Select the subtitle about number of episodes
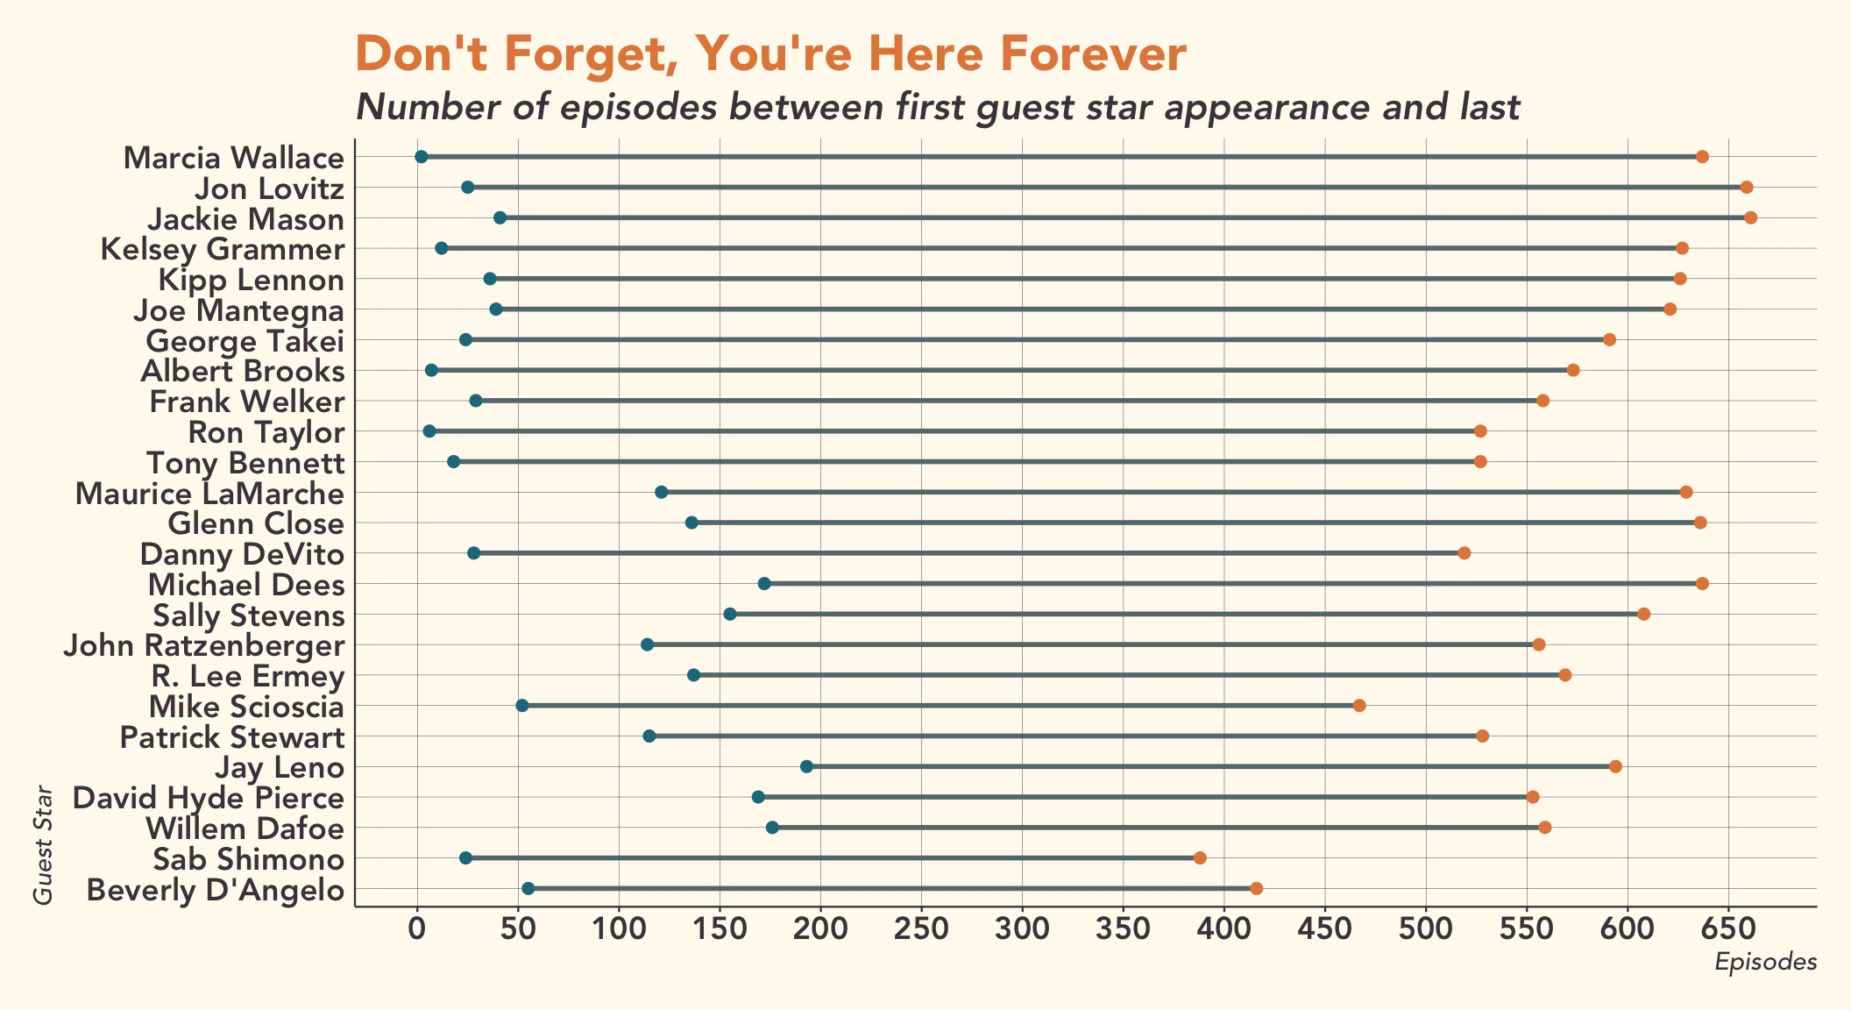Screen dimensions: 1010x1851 tap(938, 107)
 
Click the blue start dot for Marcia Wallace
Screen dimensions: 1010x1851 tap(422, 157)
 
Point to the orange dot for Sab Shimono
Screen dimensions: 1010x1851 tap(1200, 857)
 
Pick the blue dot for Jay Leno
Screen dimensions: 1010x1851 tap(807, 766)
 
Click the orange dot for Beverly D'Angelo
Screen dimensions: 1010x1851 tap(1256, 888)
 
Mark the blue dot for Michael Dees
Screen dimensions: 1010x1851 tap(764, 584)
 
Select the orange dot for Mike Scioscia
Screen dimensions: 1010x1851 tap(1359, 706)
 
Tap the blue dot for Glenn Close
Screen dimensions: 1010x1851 tap(691, 523)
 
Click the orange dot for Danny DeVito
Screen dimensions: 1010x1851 tap(1464, 553)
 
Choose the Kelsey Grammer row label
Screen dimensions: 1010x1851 tap(223, 249)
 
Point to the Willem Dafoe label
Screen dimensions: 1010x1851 tap(245, 829)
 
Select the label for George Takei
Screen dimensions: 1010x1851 tap(245, 340)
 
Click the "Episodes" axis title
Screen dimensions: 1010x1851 tap(1765, 962)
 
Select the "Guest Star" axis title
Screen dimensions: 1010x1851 tap(43, 845)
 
